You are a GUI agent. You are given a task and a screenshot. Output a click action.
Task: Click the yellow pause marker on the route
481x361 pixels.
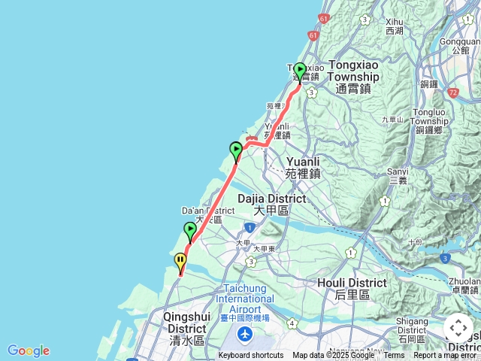180,262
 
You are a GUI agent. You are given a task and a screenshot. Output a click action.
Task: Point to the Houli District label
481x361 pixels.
361,288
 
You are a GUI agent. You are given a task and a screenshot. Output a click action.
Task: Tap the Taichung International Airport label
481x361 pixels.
245,304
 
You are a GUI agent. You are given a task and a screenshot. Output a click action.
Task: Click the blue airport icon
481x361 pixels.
245,333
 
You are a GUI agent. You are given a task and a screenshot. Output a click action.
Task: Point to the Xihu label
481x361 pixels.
395,26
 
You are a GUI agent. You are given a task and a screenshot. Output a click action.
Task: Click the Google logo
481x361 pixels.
29,350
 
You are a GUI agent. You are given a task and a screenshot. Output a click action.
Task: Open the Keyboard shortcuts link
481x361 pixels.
251,356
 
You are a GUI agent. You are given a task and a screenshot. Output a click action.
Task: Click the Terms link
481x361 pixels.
394,356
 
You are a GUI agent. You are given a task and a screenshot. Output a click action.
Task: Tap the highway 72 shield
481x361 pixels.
452,93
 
